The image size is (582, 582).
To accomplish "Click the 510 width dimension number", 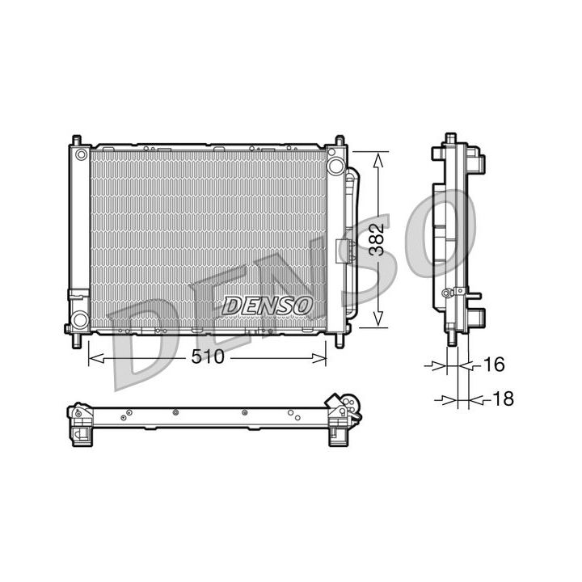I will click(207, 357).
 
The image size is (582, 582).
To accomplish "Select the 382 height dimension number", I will click(376, 240).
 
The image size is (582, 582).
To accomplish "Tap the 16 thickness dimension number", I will click(492, 365).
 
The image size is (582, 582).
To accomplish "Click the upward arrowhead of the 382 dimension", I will click(377, 159).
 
